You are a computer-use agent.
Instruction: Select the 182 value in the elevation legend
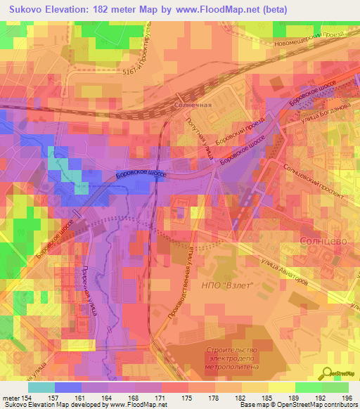(x=226, y=398)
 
